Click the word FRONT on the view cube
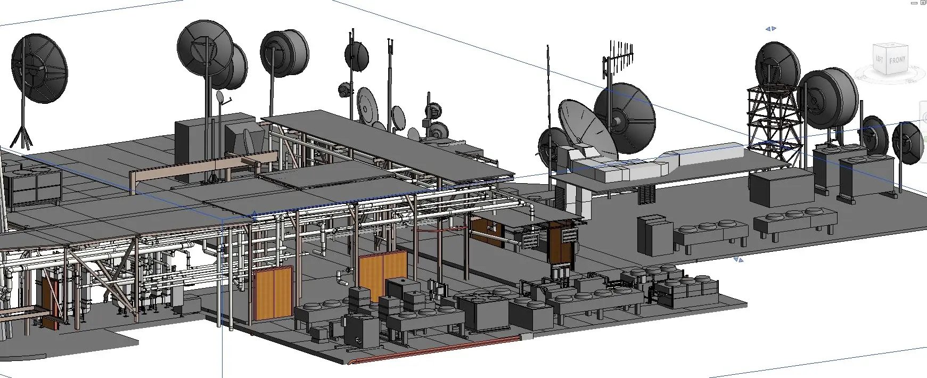pyautogui.click(x=897, y=61)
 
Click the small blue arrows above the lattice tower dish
pyautogui.click(x=770, y=29)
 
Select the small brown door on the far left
pyautogui.click(x=48, y=301)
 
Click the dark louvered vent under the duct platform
pyautogui.click(x=646, y=194)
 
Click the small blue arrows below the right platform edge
pyautogui.click(x=738, y=260)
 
